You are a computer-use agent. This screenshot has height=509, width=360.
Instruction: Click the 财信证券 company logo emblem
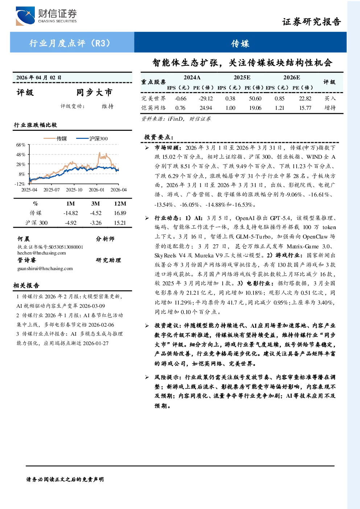(25, 16)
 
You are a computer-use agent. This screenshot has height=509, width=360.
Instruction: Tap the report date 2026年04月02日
(39, 78)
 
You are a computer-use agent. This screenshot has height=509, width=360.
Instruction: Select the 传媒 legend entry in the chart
(55, 138)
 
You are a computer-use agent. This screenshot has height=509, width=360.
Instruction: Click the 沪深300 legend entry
(92, 138)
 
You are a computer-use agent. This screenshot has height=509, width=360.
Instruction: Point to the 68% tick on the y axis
(21, 145)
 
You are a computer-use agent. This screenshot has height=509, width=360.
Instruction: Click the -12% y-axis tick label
(20, 184)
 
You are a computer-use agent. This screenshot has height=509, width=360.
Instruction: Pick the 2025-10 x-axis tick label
(74, 190)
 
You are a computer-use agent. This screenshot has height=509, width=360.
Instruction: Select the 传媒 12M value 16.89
(120, 213)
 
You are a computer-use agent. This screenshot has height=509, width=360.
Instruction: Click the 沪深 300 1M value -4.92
(71, 223)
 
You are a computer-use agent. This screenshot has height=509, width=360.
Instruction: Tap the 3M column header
(95, 204)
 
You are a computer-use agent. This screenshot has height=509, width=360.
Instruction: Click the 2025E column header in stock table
(242, 78)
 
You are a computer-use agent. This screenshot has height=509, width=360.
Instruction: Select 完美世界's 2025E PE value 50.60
(255, 98)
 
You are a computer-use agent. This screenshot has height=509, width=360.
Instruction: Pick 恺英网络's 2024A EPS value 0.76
(180, 108)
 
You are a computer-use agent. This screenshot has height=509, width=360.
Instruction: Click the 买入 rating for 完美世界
(330, 98)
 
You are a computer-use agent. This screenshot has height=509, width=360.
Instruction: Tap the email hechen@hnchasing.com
(42, 253)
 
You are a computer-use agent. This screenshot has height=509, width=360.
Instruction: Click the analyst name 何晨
(24, 239)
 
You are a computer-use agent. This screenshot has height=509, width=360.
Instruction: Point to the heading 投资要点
(159, 137)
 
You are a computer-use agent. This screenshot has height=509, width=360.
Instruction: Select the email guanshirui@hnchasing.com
(45, 268)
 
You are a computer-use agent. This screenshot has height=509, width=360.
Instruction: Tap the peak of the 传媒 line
(99, 153)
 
